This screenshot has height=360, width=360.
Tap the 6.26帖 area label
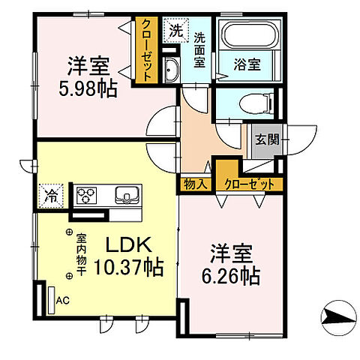230,277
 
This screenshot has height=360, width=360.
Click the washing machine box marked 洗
175,31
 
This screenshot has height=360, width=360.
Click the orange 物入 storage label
195,183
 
